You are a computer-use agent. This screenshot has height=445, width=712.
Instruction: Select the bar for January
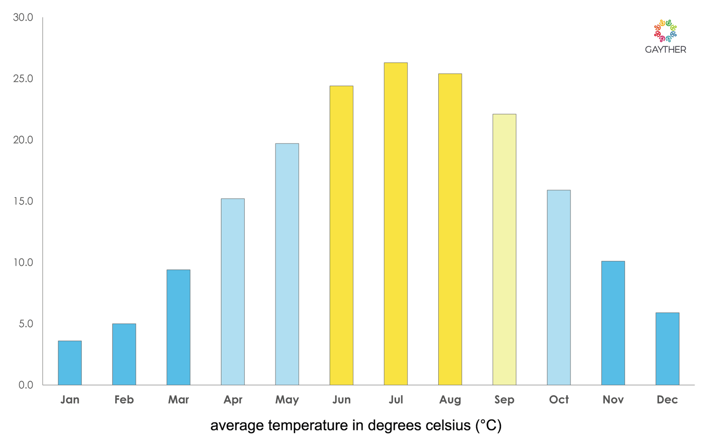[70, 363]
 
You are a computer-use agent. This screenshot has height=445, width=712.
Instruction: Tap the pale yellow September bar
[504, 249]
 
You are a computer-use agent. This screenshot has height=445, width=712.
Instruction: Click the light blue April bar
[233, 291]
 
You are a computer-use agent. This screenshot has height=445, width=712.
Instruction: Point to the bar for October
[558, 287]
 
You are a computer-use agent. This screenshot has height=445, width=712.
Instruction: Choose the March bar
[178, 327]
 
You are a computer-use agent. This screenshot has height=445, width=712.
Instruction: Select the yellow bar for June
[341, 235]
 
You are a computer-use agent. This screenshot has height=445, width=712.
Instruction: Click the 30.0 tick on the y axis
[23, 17]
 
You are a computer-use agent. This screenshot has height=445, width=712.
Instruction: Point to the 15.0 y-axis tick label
[23, 201]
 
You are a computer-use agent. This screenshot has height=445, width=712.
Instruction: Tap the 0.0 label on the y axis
[26, 385]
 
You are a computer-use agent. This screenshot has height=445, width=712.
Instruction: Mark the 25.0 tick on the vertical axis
[23, 79]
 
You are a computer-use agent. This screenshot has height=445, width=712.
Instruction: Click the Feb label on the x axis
[124, 400]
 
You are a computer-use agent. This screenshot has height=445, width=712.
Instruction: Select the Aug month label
[450, 400]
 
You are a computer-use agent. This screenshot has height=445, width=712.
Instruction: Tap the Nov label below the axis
[613, 400]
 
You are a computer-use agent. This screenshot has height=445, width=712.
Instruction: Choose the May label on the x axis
[287, 400]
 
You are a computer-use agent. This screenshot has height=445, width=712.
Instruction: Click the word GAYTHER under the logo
[665, 50]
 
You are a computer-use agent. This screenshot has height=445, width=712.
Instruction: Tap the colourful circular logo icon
[665, 31]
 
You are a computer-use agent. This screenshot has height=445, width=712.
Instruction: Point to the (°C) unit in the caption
[488, 425]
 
